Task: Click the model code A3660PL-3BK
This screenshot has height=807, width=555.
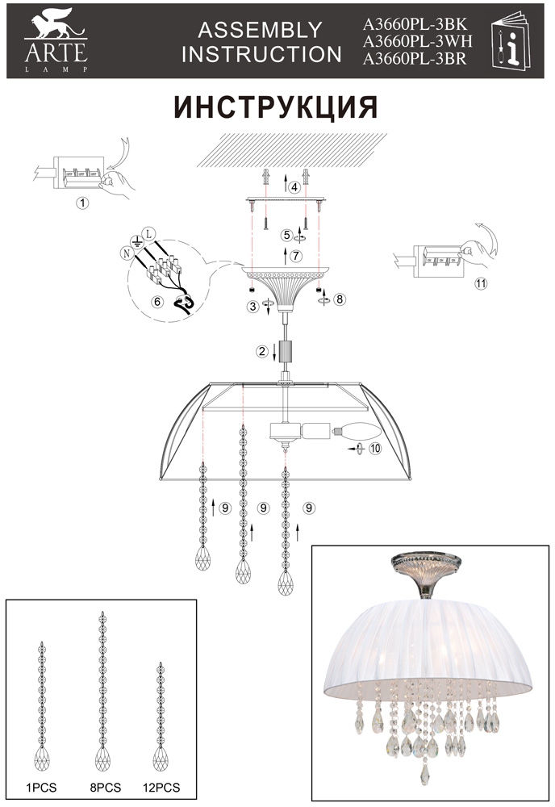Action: click(x=415, y=24)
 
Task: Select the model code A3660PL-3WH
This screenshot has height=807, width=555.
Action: click(x=417, y=41)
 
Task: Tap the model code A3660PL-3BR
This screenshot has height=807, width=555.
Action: click(x=415, y=59)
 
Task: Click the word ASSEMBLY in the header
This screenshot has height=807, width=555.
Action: click(x=260, y=30)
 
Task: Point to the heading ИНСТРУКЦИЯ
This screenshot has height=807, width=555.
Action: click(x=276, y=107)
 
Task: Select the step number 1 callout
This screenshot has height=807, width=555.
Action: click(x=81, y=203)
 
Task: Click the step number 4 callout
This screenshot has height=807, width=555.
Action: click(x=294, y=187)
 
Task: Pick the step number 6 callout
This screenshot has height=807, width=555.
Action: click(x=157, y=302)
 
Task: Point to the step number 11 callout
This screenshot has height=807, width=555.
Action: click(x=481, y=283)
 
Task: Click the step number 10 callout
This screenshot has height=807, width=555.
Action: click(x=375, y=448)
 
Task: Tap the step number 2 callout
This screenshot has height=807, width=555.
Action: click(x=262, y=352)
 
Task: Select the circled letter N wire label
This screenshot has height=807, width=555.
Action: click(x=126, y=253)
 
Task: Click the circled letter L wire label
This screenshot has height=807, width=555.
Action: click(x=148, y=234)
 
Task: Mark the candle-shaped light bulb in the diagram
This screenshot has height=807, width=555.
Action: click(x=357, y=430)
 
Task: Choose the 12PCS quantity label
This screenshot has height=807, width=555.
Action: click(x=161, y=788)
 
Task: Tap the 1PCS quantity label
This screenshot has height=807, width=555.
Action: click(x=41, y=788)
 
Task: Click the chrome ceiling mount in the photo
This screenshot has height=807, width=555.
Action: click(x=424, y=575)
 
